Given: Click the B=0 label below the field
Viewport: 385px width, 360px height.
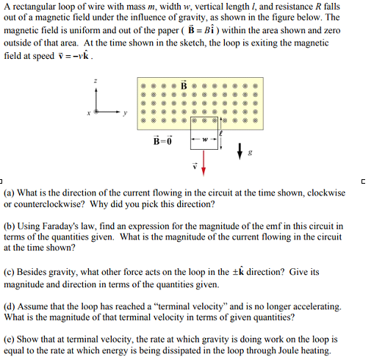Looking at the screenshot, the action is (x=162, y=139).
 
